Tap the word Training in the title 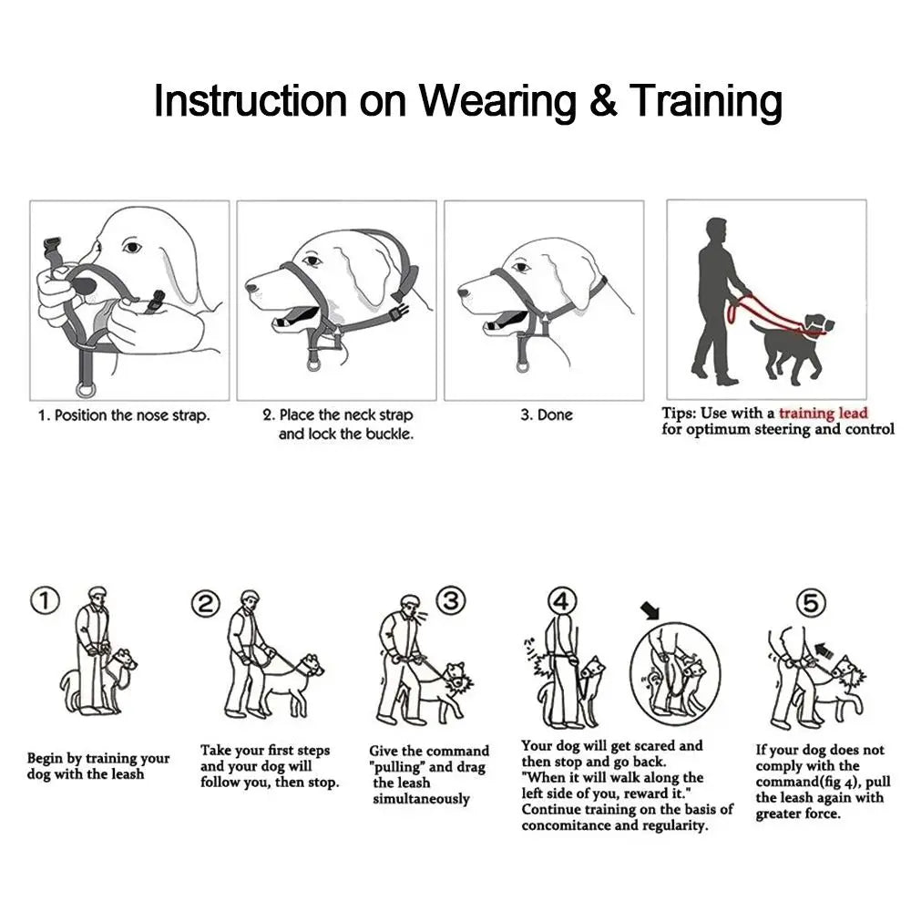[706, 102]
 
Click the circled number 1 [46, 600]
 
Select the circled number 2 [207, 604]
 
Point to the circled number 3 [451, 599]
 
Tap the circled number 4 [562, 600]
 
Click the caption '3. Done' [547, 415]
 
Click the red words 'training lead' [823, 413]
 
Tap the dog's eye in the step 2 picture [313, 261]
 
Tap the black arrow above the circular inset [650, 608]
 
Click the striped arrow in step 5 [824, 650]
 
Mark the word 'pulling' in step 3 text [397, 766]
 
